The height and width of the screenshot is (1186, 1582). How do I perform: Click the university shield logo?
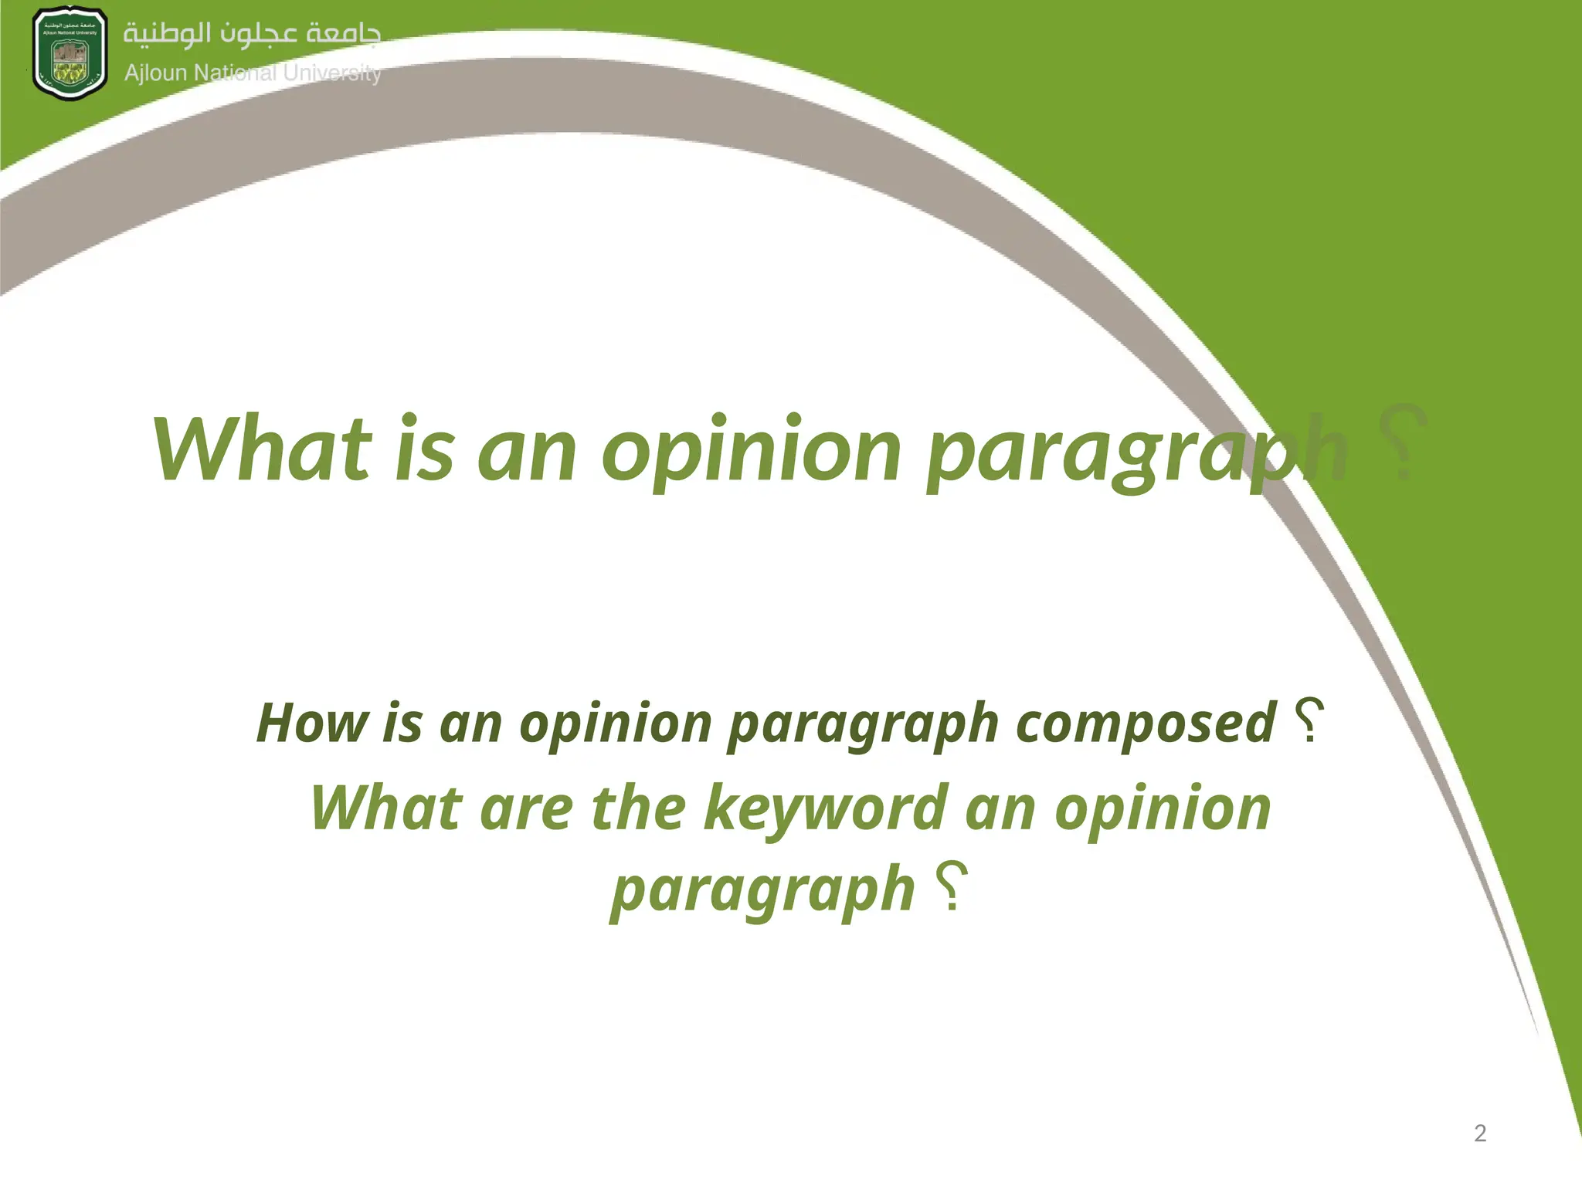pyautogui.click(x=70, y=54)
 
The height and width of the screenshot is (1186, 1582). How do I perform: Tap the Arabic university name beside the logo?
pyautogui.click(x=252, y=35)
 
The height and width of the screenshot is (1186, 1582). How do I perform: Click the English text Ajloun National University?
pyautogui.click(x=253, y=73)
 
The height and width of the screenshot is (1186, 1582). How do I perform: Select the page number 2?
pyautogui.click(x=1480, y=1133)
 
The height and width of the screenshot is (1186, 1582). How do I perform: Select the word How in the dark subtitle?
pyautogui.click(x=312, y=723)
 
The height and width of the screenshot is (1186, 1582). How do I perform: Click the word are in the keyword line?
pyautogui.click(x=526, y=808)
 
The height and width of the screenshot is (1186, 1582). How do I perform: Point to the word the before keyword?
pyautogui.click(x=638, y=808)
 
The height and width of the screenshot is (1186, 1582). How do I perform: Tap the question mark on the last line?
pyautogui.click(x=952, y=886)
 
